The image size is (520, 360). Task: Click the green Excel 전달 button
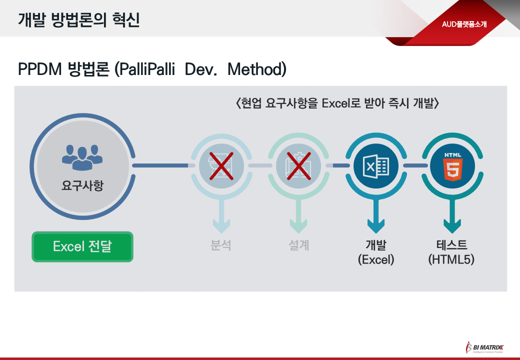pyautogui.click(x=82, y=246)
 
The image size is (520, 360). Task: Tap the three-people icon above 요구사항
pyautogui.click(x=82, y=156)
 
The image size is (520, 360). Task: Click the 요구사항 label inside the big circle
pyautogui.click(x=82, y=186)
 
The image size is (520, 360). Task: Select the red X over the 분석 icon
pyautogui.click(x=221, y=165)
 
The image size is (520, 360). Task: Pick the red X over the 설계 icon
pyautogui.click(x=298, y=165)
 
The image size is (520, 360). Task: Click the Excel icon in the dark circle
pyautogui.click(x=375, y=165)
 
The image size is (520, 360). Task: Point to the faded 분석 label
pyautogui.click(x=221, y=245)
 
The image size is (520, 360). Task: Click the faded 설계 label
pyautogui.click(x=298, y=245)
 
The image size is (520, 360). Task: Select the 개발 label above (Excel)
pyautogui.click(x=375, y=245)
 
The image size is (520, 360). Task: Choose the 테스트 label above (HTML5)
pyautogui.click(x=451, y=245)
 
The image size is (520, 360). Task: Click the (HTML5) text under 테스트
pyautogui.click(x=451, y=260)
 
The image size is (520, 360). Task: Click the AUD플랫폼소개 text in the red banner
pyautogui.click(x=464, y=24)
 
